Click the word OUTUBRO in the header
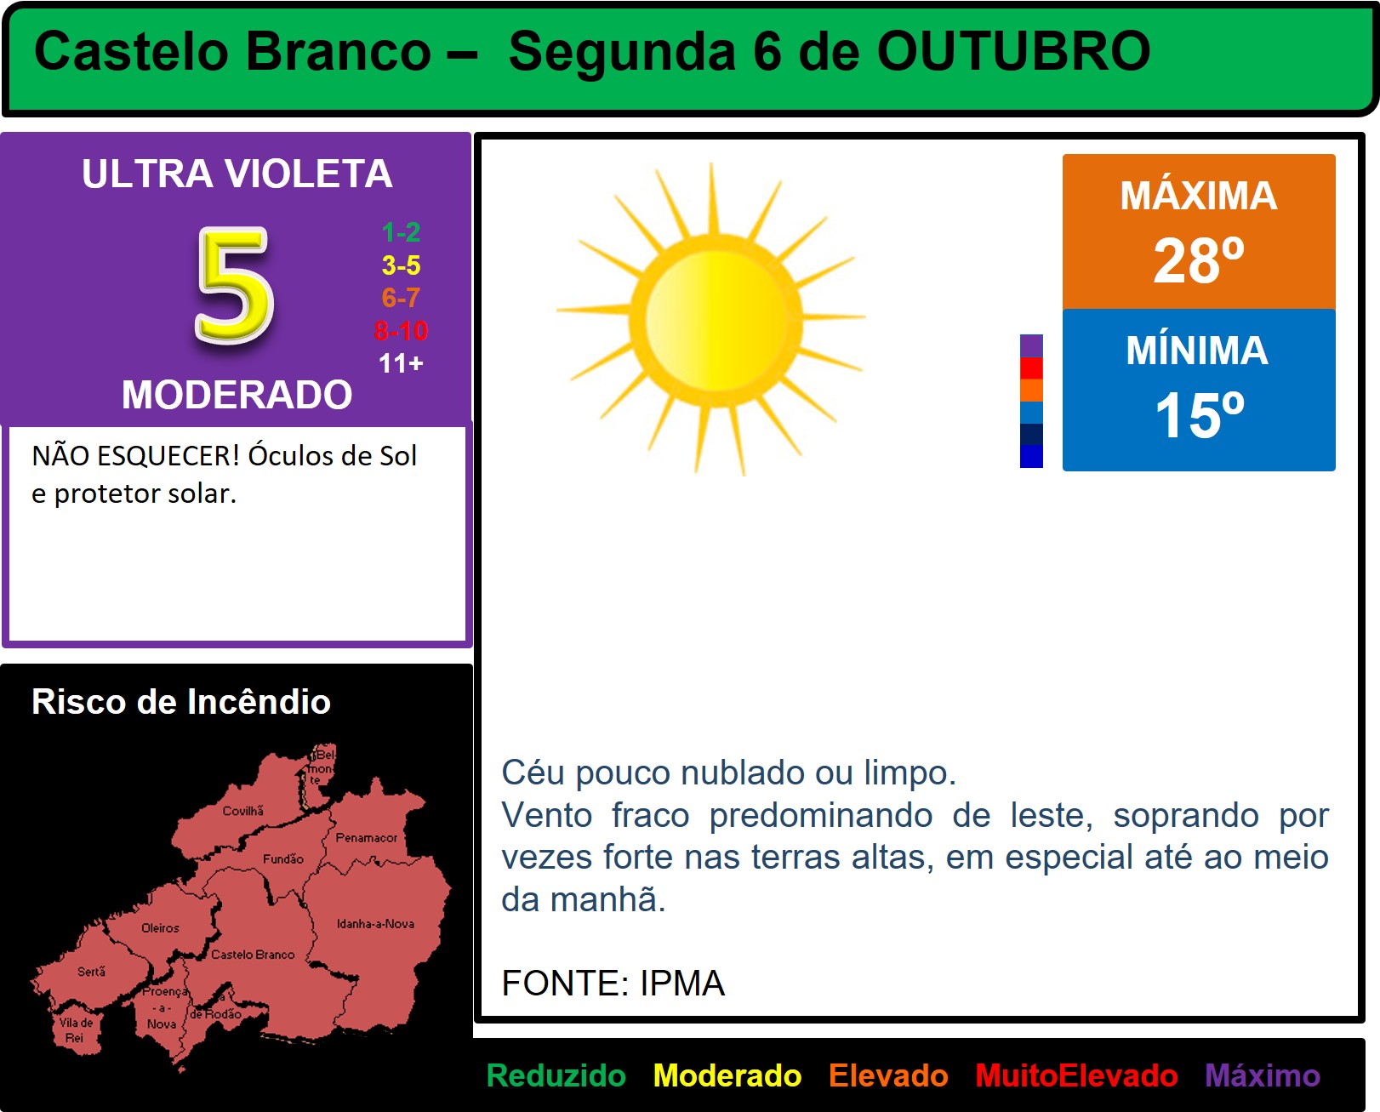pos(1013,51)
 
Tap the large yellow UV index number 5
pos(236,285)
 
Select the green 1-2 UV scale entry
pos(401,232)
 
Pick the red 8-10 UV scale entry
pos(401,331)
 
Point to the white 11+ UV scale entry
pos(401,363)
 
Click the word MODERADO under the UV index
pos(237,394)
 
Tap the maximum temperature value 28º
pos(1199,260)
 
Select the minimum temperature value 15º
pos(1199,415)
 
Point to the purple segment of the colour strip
pos(1031,345)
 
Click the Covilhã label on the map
pos(243,811)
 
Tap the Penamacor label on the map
pos(366,837)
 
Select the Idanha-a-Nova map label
pos(376,924)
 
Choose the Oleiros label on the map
pos(160,928)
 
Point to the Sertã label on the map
pos(91,972)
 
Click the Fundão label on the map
pos(282,858)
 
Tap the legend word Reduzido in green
pos(556,1075)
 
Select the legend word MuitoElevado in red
pos(1076,1075)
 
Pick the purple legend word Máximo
pos(1263,1075)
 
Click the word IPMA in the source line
pos(682,983)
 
